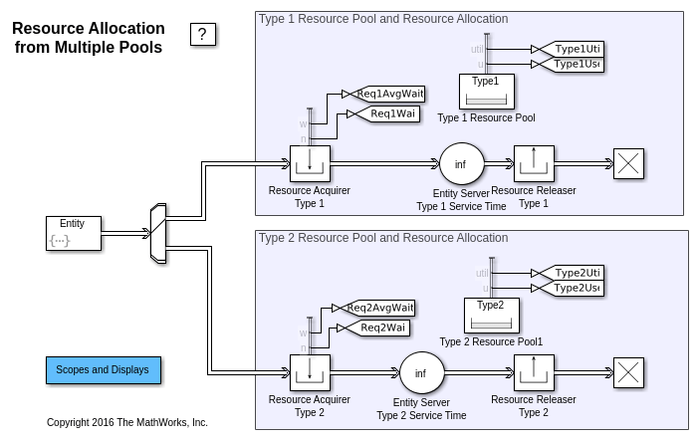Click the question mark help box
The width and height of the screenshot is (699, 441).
(203, 35)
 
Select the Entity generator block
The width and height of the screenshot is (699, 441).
(73, 233)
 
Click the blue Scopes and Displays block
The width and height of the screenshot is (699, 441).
(103, 369)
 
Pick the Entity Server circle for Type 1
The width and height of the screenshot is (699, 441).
(460, 164)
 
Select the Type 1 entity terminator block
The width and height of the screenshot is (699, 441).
(628, 164)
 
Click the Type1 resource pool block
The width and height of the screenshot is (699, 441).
(486, 92)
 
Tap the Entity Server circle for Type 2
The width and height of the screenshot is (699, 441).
(421, 373)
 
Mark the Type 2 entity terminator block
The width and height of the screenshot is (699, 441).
(628, 373)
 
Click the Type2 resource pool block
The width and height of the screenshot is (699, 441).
(491, 315)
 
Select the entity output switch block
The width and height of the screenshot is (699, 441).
(156, 234)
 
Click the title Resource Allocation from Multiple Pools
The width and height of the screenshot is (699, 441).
(89, 38)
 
